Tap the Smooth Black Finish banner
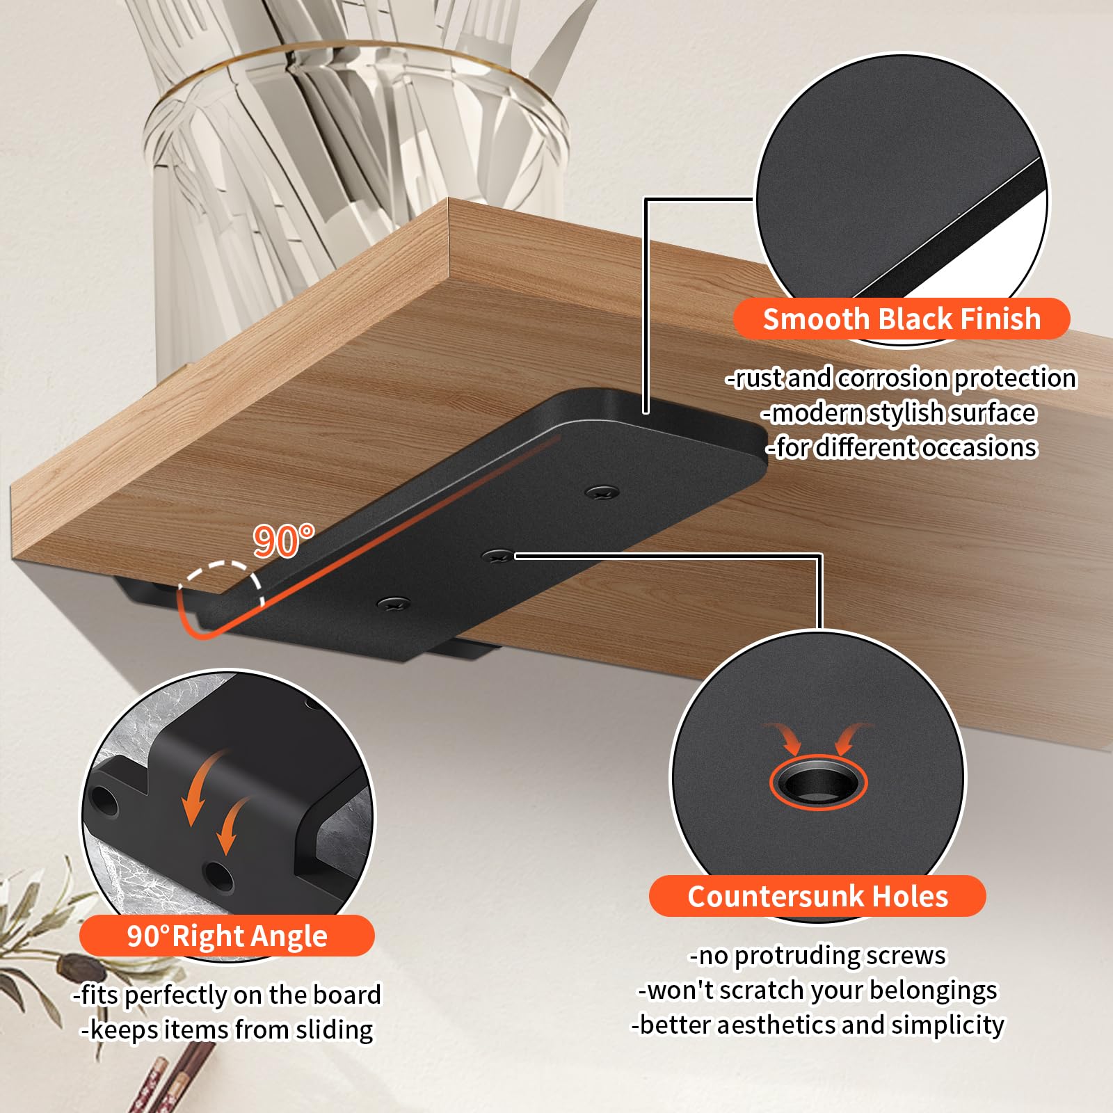902,319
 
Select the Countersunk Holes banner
817,896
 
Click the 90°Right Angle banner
227,936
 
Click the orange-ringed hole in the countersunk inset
818,782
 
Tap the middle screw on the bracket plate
497,555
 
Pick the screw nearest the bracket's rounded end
602,493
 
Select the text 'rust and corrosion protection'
906,378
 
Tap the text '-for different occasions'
902,447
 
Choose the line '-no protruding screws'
817,955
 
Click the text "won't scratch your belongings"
822,990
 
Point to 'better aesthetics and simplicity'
822,1025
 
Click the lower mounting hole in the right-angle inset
218,878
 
